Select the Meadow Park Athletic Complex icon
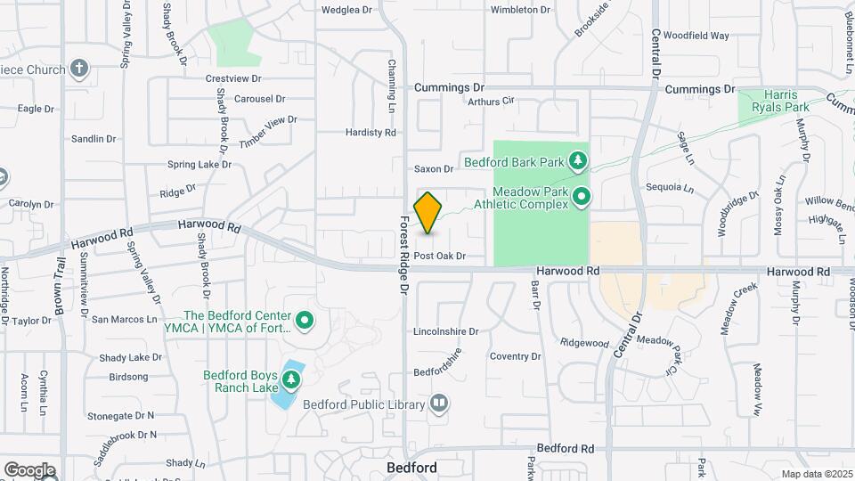pyautogui.click(x=582, y=196)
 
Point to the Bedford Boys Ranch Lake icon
pyautogui.click(x=290, y=380)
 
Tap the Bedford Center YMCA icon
pyautogui.click(x=305, y=319)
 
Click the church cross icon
pyautogui.click(x=79, y=69)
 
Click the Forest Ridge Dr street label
pyautogui.click(x=403, y=255)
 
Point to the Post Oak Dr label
pyautogui.click(x=440, y=256)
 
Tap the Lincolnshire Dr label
pyautogui.click(x=445, y=331)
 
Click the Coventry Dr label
pyautogui.click(x=515, y=356)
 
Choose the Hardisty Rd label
pyautogui.click(x=370, y=133)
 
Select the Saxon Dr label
pyautogui.click(x=435, y=169)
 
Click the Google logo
pyautogui.click(x=28, y=469)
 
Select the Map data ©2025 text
pyautogui.click(x=816, y=474)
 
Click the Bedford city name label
pyautogui.click(x=411, y=468)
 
